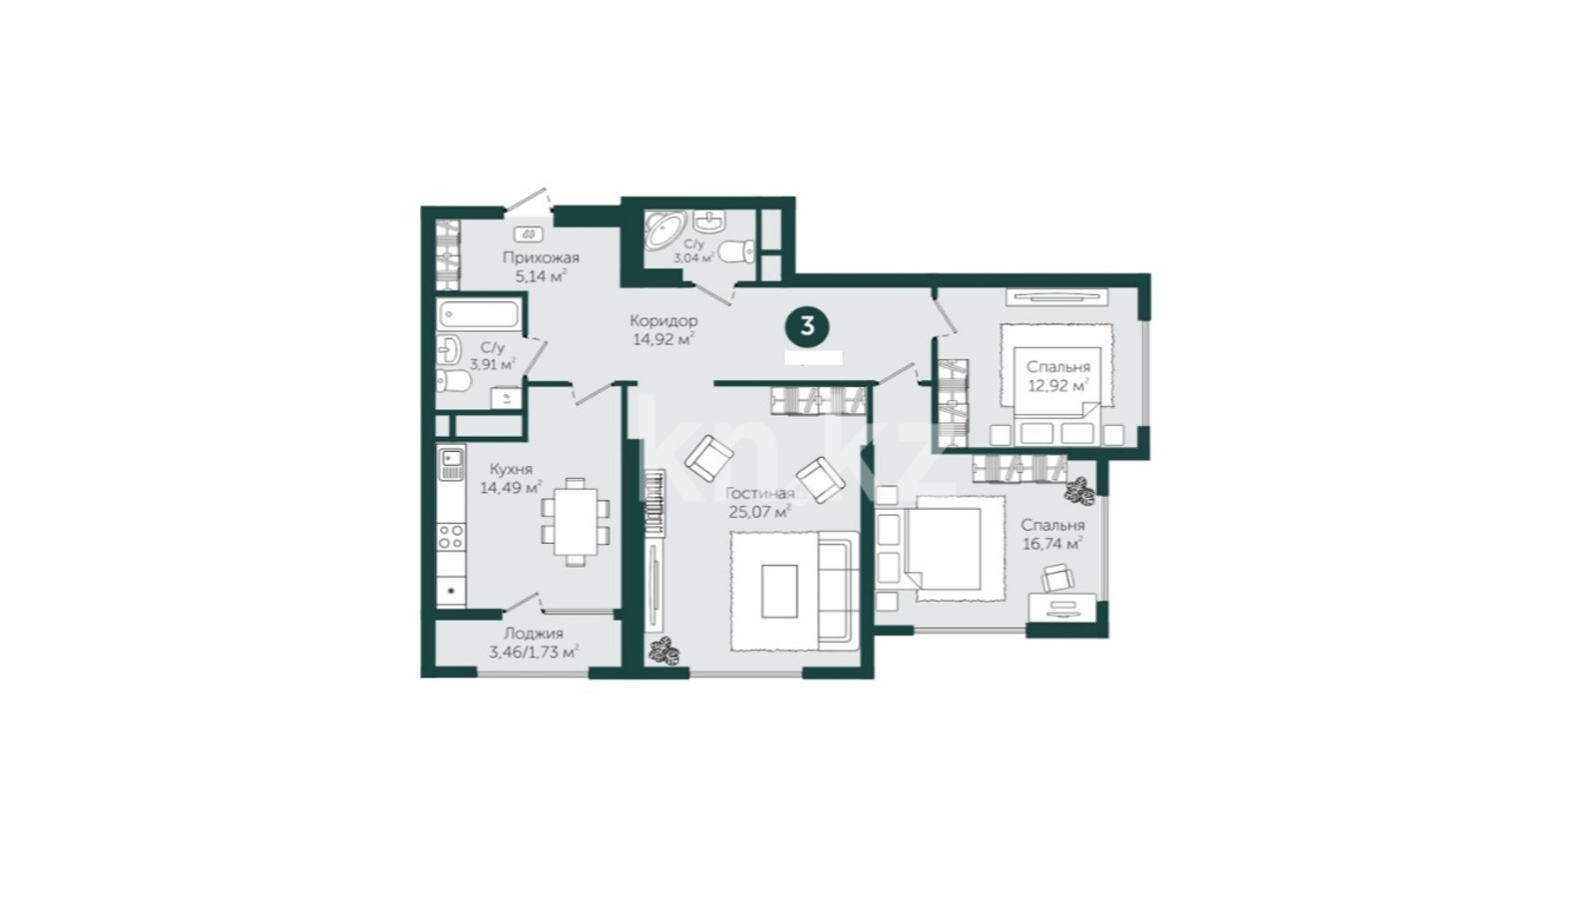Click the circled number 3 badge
click(807, 326)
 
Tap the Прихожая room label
click(541, 258)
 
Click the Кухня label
click(511, 469)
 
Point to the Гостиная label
click(759, 493)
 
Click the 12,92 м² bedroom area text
click(1058, 386)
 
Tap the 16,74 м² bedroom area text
click(1053, 545)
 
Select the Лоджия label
click(534, 633)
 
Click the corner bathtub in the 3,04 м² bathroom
click(664, 228)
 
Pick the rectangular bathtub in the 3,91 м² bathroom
click(479, 314)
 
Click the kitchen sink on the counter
click(451, 463)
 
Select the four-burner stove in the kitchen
click(451, 537)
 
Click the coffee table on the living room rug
click(779, 591)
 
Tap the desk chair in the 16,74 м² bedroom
click(1057, 578)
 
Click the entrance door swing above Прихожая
click(528, 199)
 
